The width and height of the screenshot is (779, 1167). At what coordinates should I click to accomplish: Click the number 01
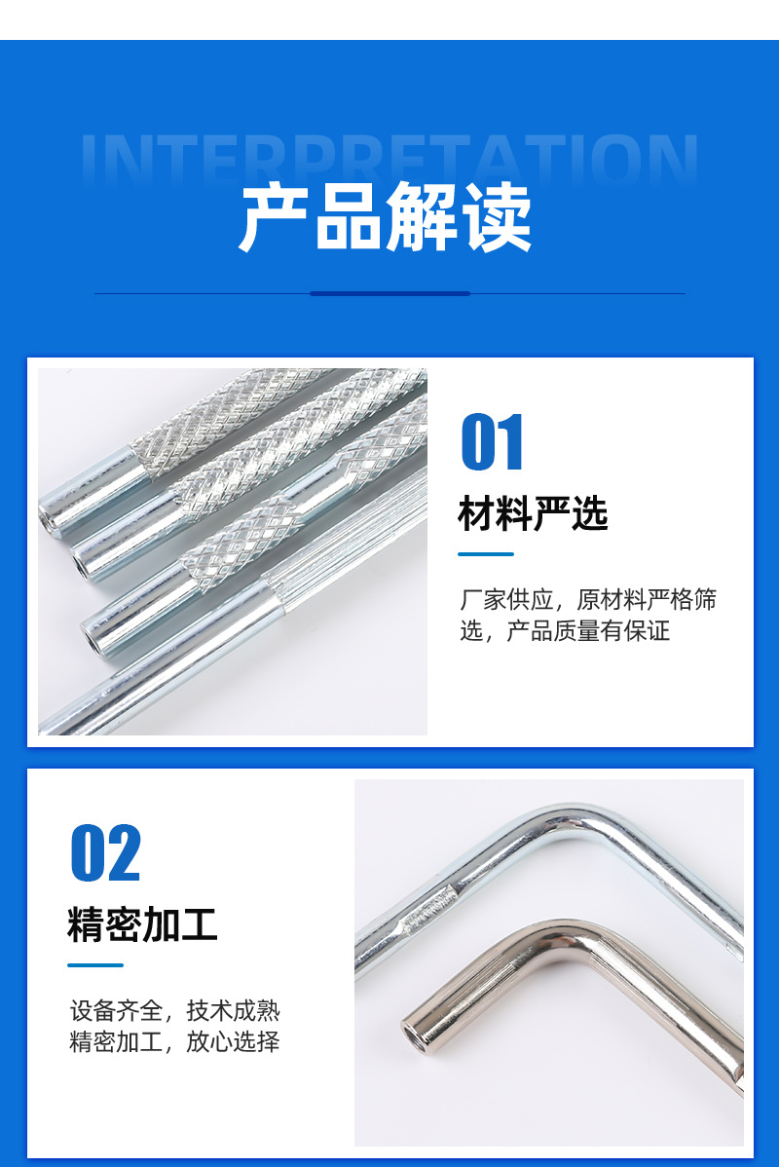[x=492, y=443]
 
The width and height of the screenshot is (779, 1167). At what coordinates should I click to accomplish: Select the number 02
[x=105, y=853]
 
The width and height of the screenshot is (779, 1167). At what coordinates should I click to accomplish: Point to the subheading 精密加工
[x=142, y=924]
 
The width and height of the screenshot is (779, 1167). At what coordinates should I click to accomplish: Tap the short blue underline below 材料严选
[x=485, y=554]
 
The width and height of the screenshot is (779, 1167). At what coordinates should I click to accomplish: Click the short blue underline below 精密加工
[x=94, y=965]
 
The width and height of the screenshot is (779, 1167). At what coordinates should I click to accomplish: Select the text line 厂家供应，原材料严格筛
[x=588, y=600]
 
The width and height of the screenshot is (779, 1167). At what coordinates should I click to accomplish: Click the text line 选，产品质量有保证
[x=565, y=631]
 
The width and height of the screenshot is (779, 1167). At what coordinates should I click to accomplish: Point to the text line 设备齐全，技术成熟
[x=174, y=1010]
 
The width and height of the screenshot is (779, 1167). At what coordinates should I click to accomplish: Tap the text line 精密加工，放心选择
[x=174, y=1041]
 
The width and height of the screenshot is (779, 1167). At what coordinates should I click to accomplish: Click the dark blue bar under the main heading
[x=389, y=293]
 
